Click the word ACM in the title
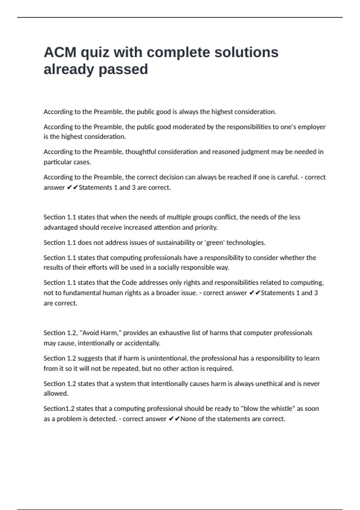click(60, 52)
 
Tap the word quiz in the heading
click(95, 52)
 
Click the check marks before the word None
click(174, 419)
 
